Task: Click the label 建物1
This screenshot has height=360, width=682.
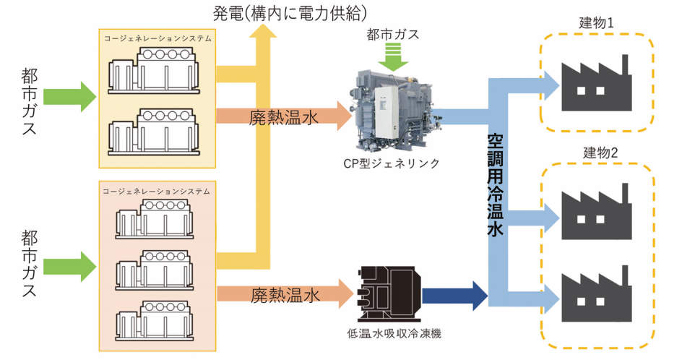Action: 597,22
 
